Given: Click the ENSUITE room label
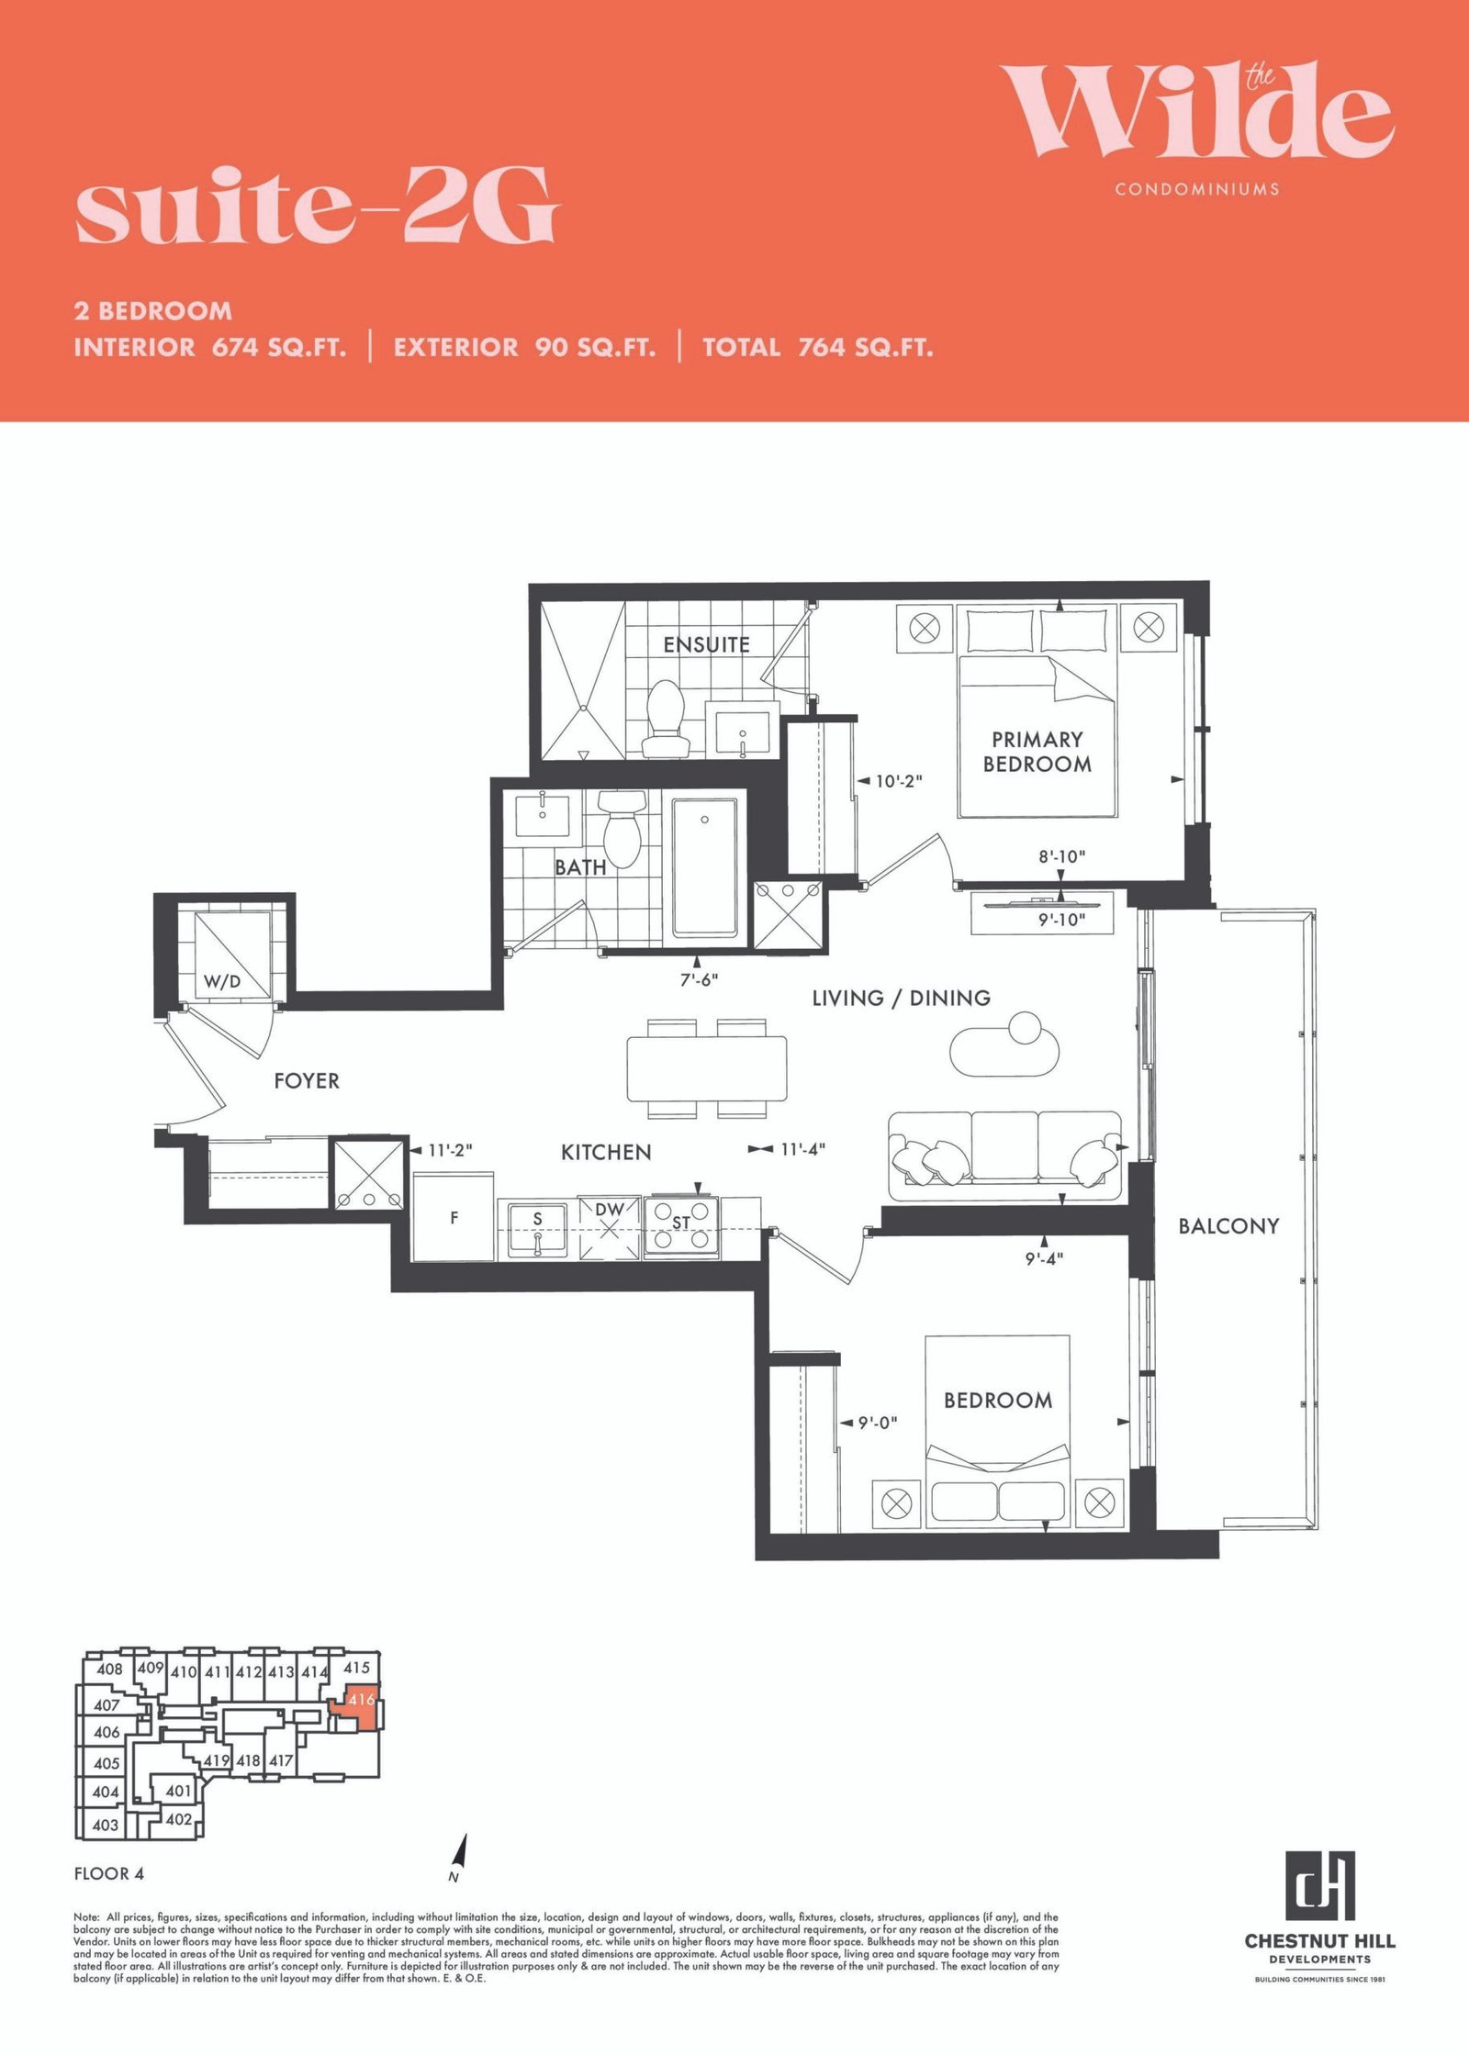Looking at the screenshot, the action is tap(706, 644).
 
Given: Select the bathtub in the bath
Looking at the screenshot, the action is tap(704, 867).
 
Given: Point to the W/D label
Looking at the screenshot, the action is tap(222, 981).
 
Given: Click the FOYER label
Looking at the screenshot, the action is tap(307, 1081).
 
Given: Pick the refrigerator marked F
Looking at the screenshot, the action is tap(454, 1217).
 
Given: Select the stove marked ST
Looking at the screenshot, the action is tap(680, 1226).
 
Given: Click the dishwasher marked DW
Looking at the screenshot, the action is tap(609, 1227).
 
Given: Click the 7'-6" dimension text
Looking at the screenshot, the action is tap(699, 979).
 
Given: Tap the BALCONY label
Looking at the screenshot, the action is tap(1228, 1226).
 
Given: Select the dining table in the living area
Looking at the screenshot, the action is tap(707, 1068).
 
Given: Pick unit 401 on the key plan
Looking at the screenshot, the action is tap(178, 1791).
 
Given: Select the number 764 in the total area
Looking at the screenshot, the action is tap(822, 348).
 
